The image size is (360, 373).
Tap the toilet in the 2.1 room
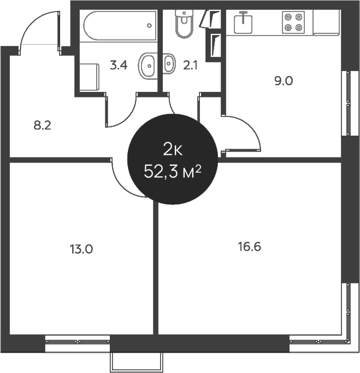(x=184, y=21)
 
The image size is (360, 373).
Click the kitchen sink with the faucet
(x=243, y=23)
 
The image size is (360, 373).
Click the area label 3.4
(x=119, y=66)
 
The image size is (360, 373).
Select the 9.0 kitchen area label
(x=284, y=81)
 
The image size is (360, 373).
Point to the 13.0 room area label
(x=81, y=249)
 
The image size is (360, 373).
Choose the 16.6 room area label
(x=249, y=247)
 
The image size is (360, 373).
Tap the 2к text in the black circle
(x=172, y=148)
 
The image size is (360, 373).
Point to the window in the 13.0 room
(x=78, y=341)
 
